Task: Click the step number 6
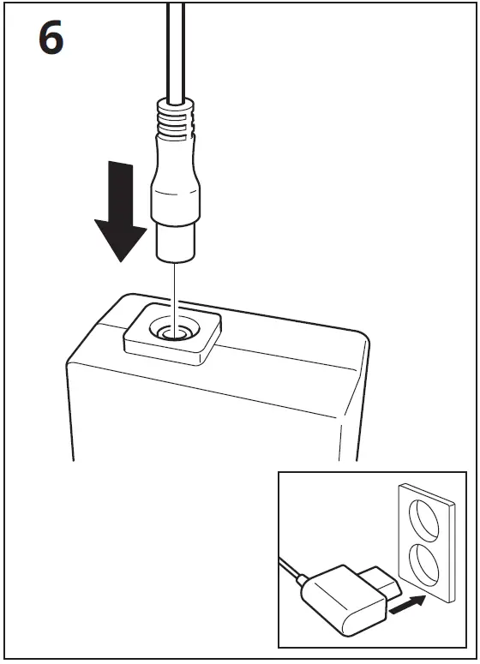click(x=51, y=39)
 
